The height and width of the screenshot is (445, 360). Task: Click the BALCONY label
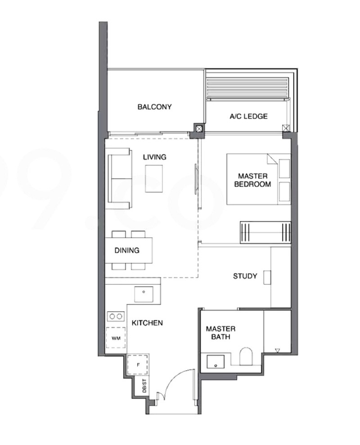154,107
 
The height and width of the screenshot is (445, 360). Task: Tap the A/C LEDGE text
248,116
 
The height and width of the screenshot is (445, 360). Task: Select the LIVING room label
154,157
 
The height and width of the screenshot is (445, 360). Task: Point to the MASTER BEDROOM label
252,180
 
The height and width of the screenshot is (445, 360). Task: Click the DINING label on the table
126,250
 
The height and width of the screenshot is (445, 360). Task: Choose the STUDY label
245,276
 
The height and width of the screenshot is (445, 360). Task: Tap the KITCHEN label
147,323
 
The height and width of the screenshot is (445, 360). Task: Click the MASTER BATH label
220,333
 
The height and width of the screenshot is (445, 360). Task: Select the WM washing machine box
116,338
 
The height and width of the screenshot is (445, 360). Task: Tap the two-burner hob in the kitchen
116,317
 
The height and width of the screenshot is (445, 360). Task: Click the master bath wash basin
216,362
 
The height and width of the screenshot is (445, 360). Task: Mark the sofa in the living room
119,179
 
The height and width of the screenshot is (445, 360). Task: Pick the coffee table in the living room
154,178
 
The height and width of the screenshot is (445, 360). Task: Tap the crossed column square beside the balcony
199,129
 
